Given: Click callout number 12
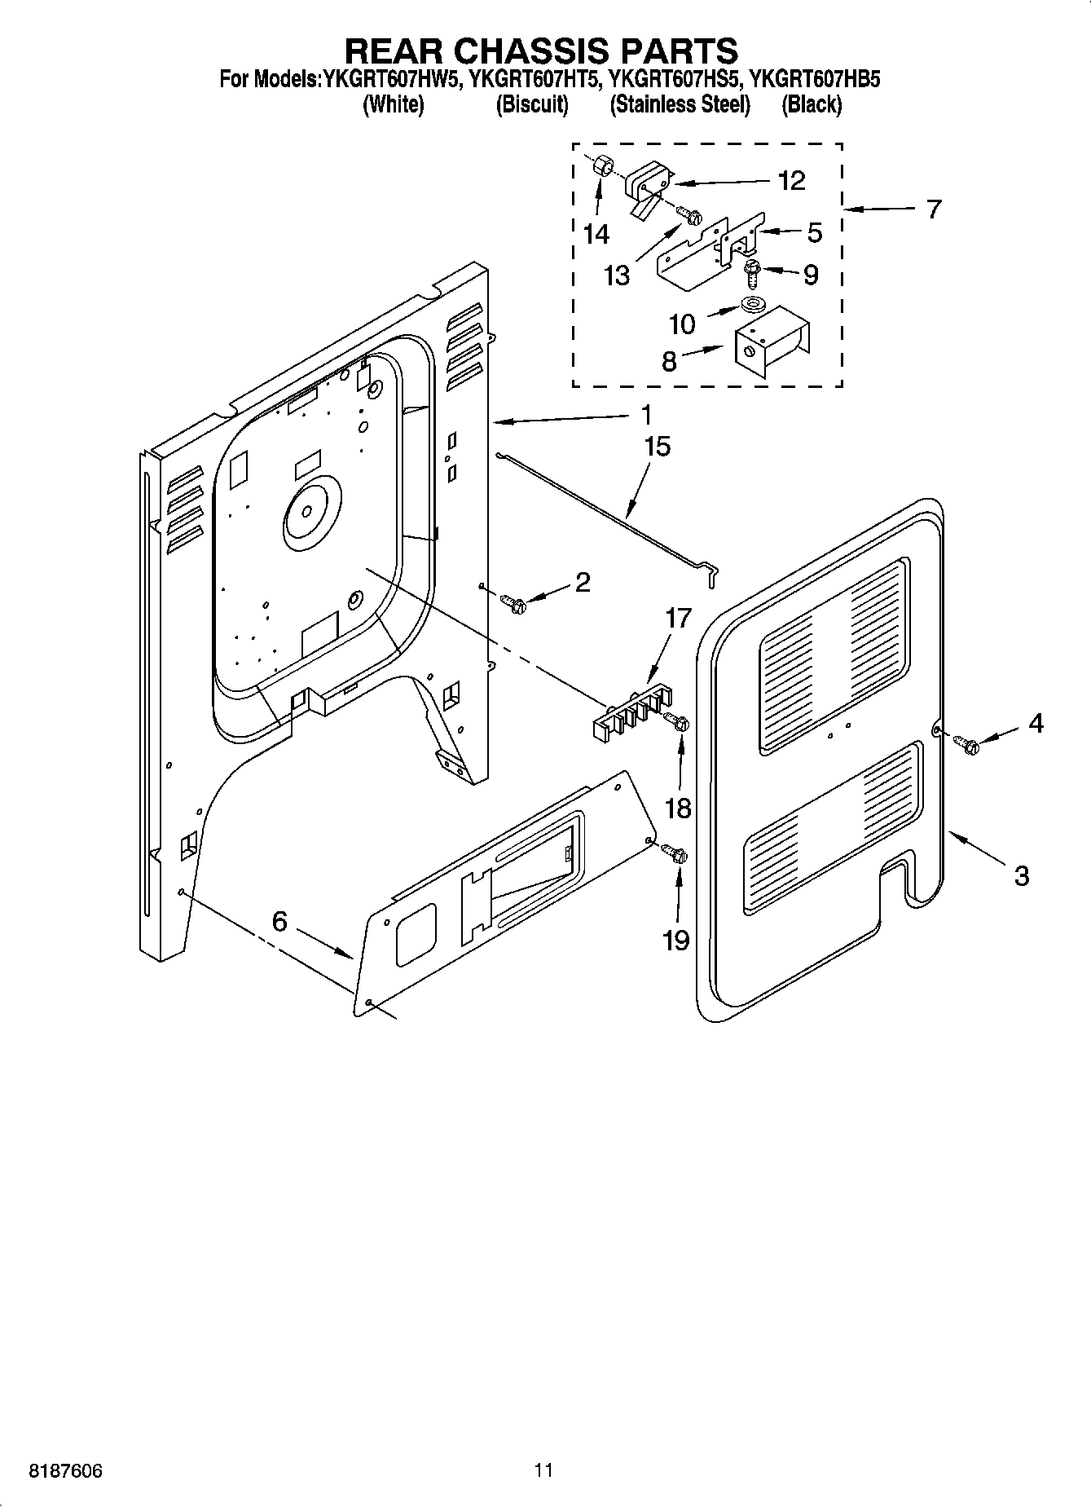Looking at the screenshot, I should pos(791,180).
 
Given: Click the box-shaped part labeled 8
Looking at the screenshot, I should pos(770,341).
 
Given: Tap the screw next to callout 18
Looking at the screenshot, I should pos(677,720).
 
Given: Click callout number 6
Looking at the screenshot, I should pos(279,921).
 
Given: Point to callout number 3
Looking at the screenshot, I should pos(1021,876).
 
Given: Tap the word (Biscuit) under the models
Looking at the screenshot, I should pos(532,104).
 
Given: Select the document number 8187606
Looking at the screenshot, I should pos(65,1471).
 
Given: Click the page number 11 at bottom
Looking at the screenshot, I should pos(543,1470).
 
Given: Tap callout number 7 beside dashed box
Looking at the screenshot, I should pos(934,209).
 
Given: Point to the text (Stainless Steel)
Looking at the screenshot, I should pos(680,104).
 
